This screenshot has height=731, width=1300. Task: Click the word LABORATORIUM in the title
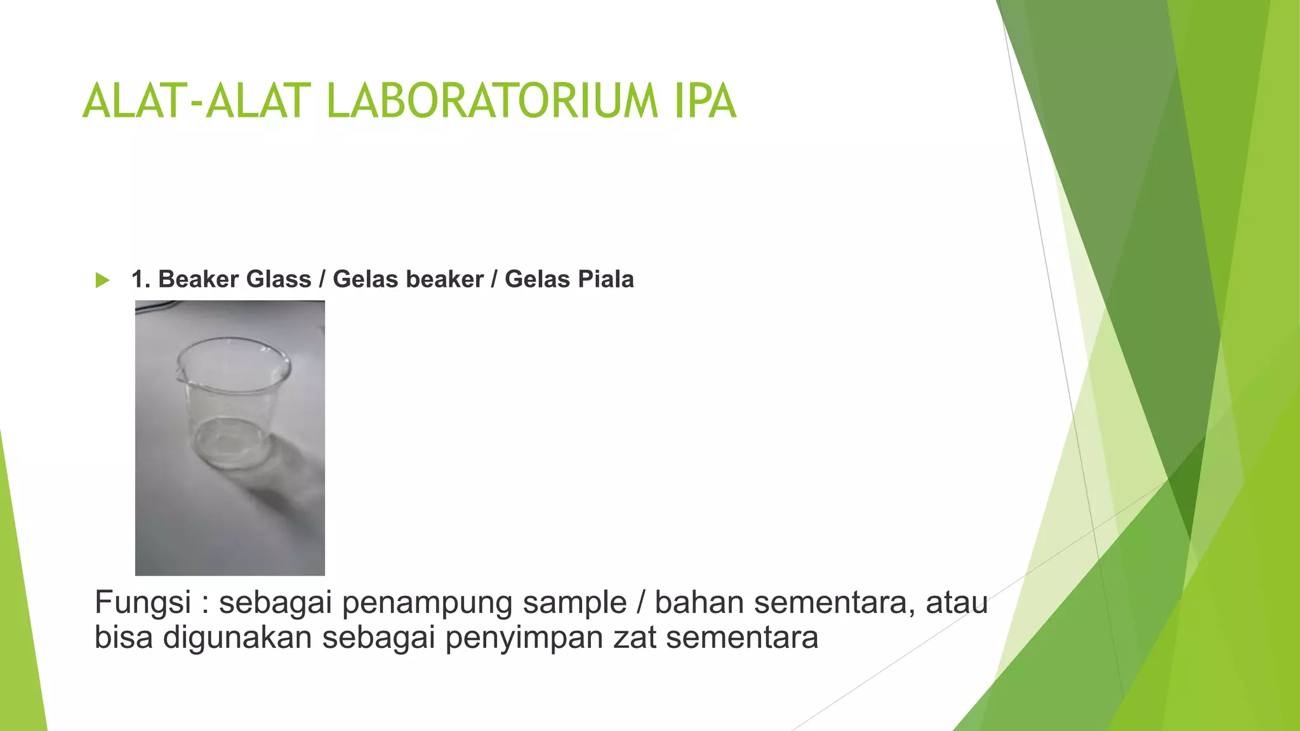(x=492, y=102)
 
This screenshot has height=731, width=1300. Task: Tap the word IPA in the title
(x=705, y=102)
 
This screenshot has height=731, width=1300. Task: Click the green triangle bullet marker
(x=102, y=280)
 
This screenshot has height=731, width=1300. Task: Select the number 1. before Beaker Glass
(x=141, y=279)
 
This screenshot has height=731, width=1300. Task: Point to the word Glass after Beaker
(x=279, y=279)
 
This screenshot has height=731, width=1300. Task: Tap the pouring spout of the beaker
(x=180, y=374)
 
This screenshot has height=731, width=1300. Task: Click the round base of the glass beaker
(x=230, y=444)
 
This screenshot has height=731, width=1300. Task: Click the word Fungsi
(x=143, y=603)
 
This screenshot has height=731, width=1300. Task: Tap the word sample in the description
(x=574, y=603)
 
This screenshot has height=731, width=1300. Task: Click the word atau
(x=957, y=603)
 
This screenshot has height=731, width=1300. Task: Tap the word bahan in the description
(x=699, y=603)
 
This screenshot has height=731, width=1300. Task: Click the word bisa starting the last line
(x=123, y=638)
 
